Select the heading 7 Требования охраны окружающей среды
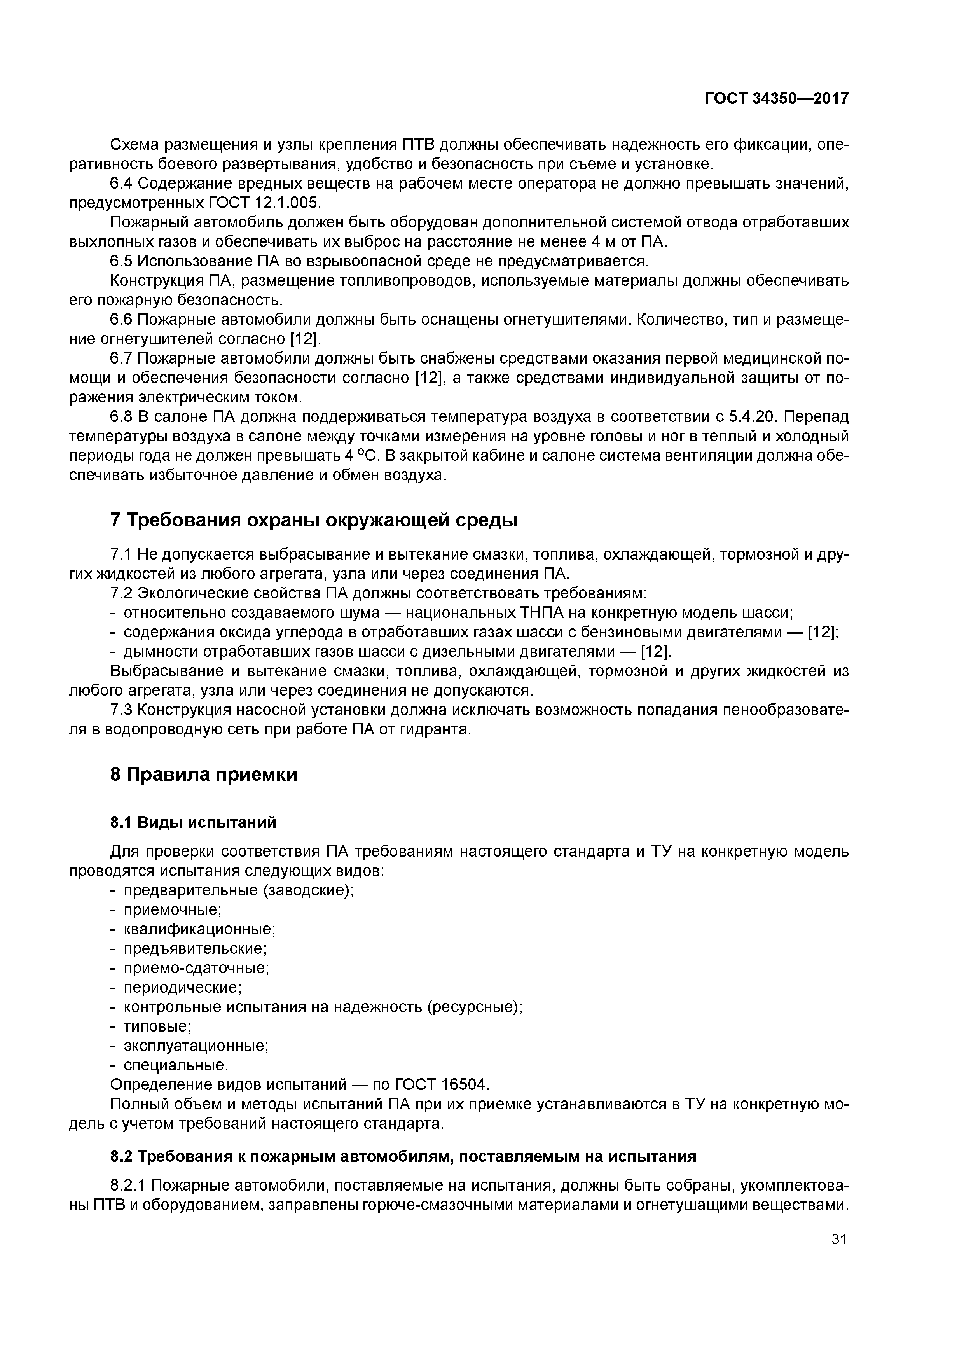314,520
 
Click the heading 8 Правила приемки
203,775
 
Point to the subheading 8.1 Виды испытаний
193,822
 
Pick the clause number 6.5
121,261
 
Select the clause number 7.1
121,554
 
